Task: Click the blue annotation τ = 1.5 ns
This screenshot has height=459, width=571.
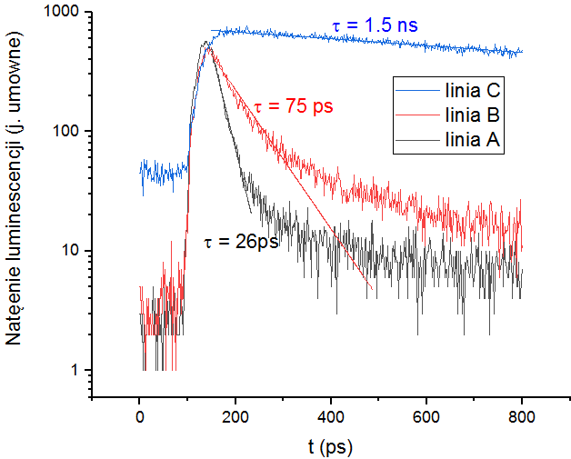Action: tap(376, 25)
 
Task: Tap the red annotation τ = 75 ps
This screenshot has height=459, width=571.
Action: tap(294, 106)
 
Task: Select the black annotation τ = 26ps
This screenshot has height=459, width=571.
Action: tap(241, 243)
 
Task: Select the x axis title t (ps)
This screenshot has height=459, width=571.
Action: tap(331, 446)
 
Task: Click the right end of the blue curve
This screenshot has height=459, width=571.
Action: tap(522, 51)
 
